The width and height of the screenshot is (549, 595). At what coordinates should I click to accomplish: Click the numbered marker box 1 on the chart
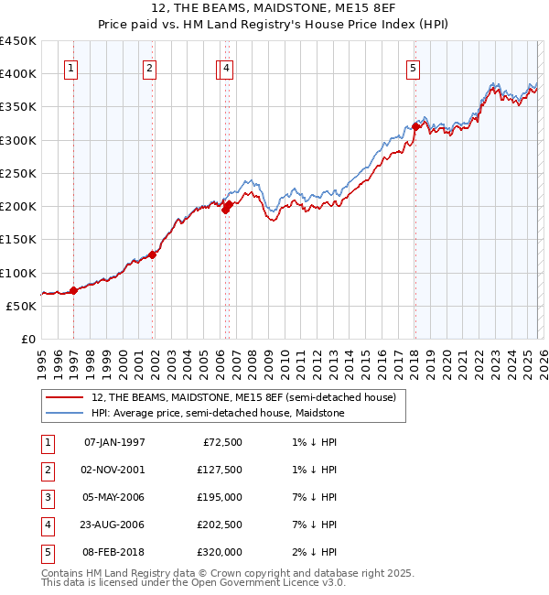click(x=71, y=67)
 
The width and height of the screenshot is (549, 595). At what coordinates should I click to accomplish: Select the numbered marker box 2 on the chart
click(x=149, y=67)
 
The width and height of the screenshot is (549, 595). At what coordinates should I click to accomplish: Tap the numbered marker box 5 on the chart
click(x=414, y=67)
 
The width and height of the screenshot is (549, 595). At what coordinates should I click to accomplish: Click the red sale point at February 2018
click(x=414, y=127)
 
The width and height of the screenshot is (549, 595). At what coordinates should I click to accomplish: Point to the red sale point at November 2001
click(x=152, y=254)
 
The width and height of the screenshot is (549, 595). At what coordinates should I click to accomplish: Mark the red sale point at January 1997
click(x=74, y=291)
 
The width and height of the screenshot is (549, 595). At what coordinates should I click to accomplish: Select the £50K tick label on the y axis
click(x=22, y=306)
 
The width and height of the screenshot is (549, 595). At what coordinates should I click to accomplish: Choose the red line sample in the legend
click(x=65, y=398)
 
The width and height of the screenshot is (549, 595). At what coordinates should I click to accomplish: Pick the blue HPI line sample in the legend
click(x=65, y=414)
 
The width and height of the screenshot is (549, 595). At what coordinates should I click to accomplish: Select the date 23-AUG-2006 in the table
click(x=114, y=525)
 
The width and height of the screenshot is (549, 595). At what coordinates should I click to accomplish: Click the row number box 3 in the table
click(x=48, y=497)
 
